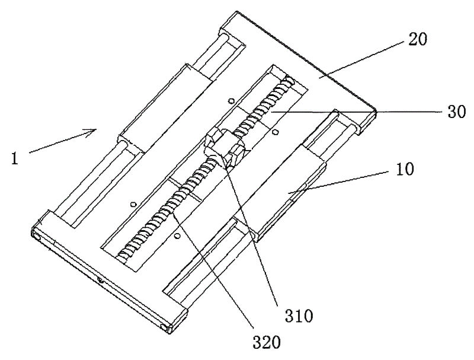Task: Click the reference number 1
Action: pyautogui.click(x=15, y=159)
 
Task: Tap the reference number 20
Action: pyautogui.click(x=418, y=39)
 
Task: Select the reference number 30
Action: pyautogui.click(x=456, y=112)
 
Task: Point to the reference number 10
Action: pyautogui.click(x=405, y=170)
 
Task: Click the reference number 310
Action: pyautogui.click(x=299, y=316)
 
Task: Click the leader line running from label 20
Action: pyautogui.click(x=361, y=60)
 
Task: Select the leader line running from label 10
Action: pyautogui.click(x=338, y=182)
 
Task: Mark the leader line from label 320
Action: pyautogui.click(x=213, y=271)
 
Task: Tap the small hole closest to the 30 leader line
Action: pyautogui.click(x=276, y=132)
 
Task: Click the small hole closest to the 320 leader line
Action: pyautogui.click(x=177, y=235)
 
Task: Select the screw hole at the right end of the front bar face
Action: pyautogui.click(x=164, y=327)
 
